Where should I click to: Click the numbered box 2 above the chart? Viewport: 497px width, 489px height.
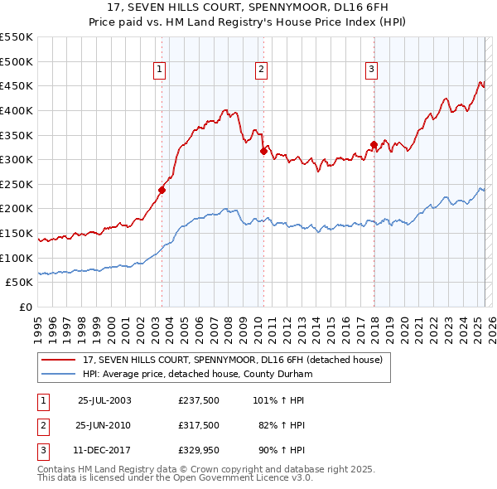point(261,70)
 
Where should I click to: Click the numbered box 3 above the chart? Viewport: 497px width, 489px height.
point(371,70)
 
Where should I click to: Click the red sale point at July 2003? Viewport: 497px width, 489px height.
point(162,190)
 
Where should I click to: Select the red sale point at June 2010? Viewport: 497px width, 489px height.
point(263,151)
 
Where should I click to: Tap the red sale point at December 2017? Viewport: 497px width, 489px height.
point(374,144)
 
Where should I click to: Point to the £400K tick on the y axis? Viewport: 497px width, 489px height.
point(18,110)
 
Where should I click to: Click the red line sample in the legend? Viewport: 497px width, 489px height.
point(60,361)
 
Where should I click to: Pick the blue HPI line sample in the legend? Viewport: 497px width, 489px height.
point(60,375)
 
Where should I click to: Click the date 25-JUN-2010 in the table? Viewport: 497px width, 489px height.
point(104,425)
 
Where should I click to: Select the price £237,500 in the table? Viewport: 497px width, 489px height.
point(199,399)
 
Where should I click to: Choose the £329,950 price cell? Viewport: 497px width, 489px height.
point(199,451)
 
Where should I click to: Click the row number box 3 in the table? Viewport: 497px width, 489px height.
point(41,451)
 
